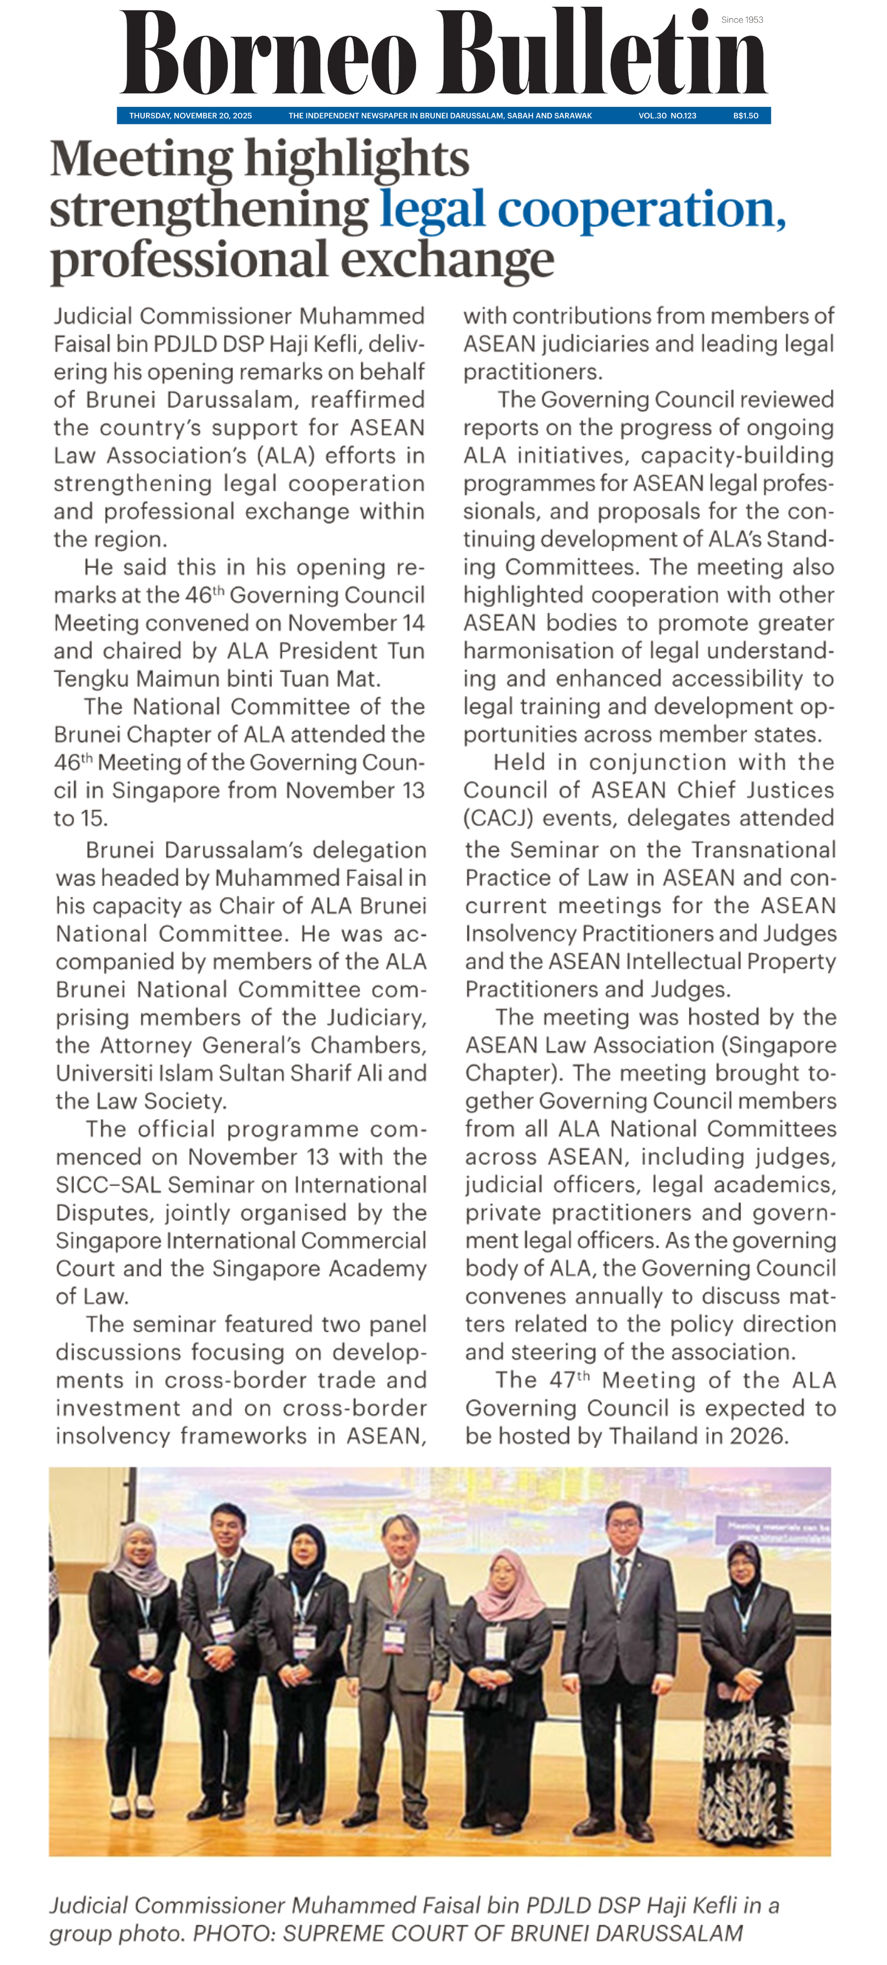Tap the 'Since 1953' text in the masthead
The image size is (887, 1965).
pyautogui.click(x=741, y=20)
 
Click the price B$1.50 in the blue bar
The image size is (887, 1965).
pyautogui.click(x=745, y=116)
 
